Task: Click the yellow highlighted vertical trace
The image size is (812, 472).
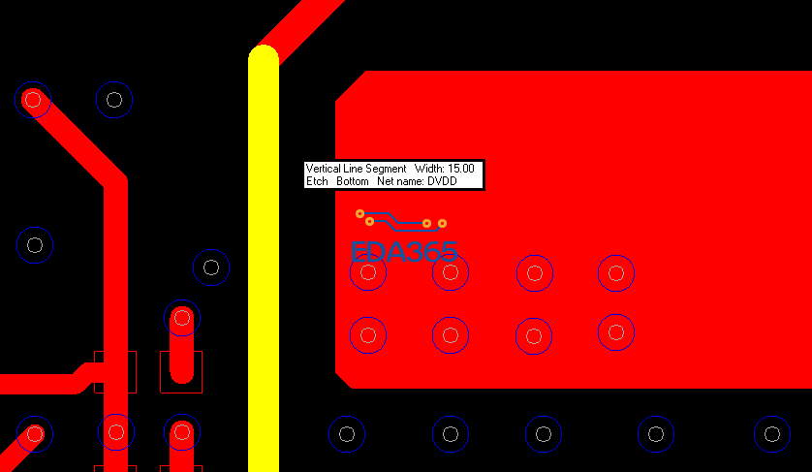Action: pos(264,259)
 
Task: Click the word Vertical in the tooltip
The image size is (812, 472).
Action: pos(323,169)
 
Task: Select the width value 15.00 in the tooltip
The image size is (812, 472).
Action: pos(461,169)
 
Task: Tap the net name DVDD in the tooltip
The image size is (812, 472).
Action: pos(442,181)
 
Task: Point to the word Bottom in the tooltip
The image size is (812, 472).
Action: pos(353,181)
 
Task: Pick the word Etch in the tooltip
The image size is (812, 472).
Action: pos(317,181)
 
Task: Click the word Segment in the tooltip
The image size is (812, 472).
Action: pos(387,169)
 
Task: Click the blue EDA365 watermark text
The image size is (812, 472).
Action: pos(404,251)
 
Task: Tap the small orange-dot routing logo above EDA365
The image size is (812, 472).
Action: pos(401,220)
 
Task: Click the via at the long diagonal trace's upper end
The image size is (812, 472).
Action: pos(33,100)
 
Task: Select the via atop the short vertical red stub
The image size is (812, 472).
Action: pos(182,318)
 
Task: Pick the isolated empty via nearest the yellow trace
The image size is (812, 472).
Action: pos(211,267)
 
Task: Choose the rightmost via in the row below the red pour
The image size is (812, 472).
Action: pos(772,433)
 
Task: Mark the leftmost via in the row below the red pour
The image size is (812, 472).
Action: pos(347,433)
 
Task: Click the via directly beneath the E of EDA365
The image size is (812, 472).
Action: pos(368,272)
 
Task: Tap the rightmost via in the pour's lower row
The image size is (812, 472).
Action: pos(616,332)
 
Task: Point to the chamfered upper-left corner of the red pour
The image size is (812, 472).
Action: pos(351,86)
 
